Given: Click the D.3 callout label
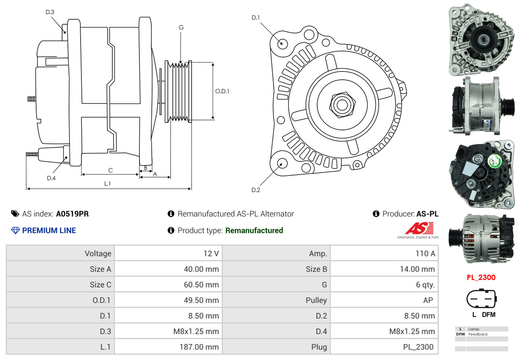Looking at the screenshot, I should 50,12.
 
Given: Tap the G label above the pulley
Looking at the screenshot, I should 181,28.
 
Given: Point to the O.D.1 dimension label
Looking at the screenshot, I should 222,91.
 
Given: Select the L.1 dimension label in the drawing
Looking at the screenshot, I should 107,184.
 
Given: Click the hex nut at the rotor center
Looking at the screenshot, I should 341,104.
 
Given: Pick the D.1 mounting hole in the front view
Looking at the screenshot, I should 282,43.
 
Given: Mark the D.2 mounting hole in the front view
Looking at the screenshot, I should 282,164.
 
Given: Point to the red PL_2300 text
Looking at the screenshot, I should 481,277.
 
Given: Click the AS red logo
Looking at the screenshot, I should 419,228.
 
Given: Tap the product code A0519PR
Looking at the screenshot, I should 72,214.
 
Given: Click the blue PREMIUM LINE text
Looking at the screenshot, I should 49,231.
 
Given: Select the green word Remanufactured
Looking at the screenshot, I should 254,231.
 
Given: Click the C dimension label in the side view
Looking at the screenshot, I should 110,170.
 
